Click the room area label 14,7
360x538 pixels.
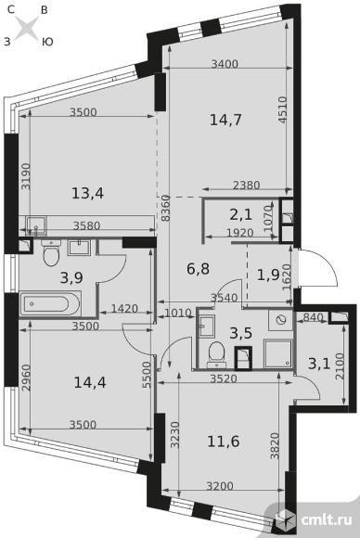(225, 120)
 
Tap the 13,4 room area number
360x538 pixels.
(88, 194)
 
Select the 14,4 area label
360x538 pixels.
(90, 382)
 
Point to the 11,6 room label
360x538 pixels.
(224, 442)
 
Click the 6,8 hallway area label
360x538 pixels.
(198, 268)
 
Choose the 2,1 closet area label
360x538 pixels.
(241, 215)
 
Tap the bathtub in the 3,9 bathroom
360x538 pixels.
(50, 303)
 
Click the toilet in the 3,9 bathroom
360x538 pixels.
(51, 253)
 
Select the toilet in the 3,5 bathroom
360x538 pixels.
(216, 352)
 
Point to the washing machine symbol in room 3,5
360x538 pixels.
(281, 320)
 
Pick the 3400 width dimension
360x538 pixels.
(225, 64)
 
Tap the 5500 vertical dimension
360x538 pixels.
(147, 375)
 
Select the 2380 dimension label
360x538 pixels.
(247, 186)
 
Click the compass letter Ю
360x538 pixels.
(47, 42)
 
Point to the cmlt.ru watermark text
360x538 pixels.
(327, 519)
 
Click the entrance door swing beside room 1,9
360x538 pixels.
(317, 268)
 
